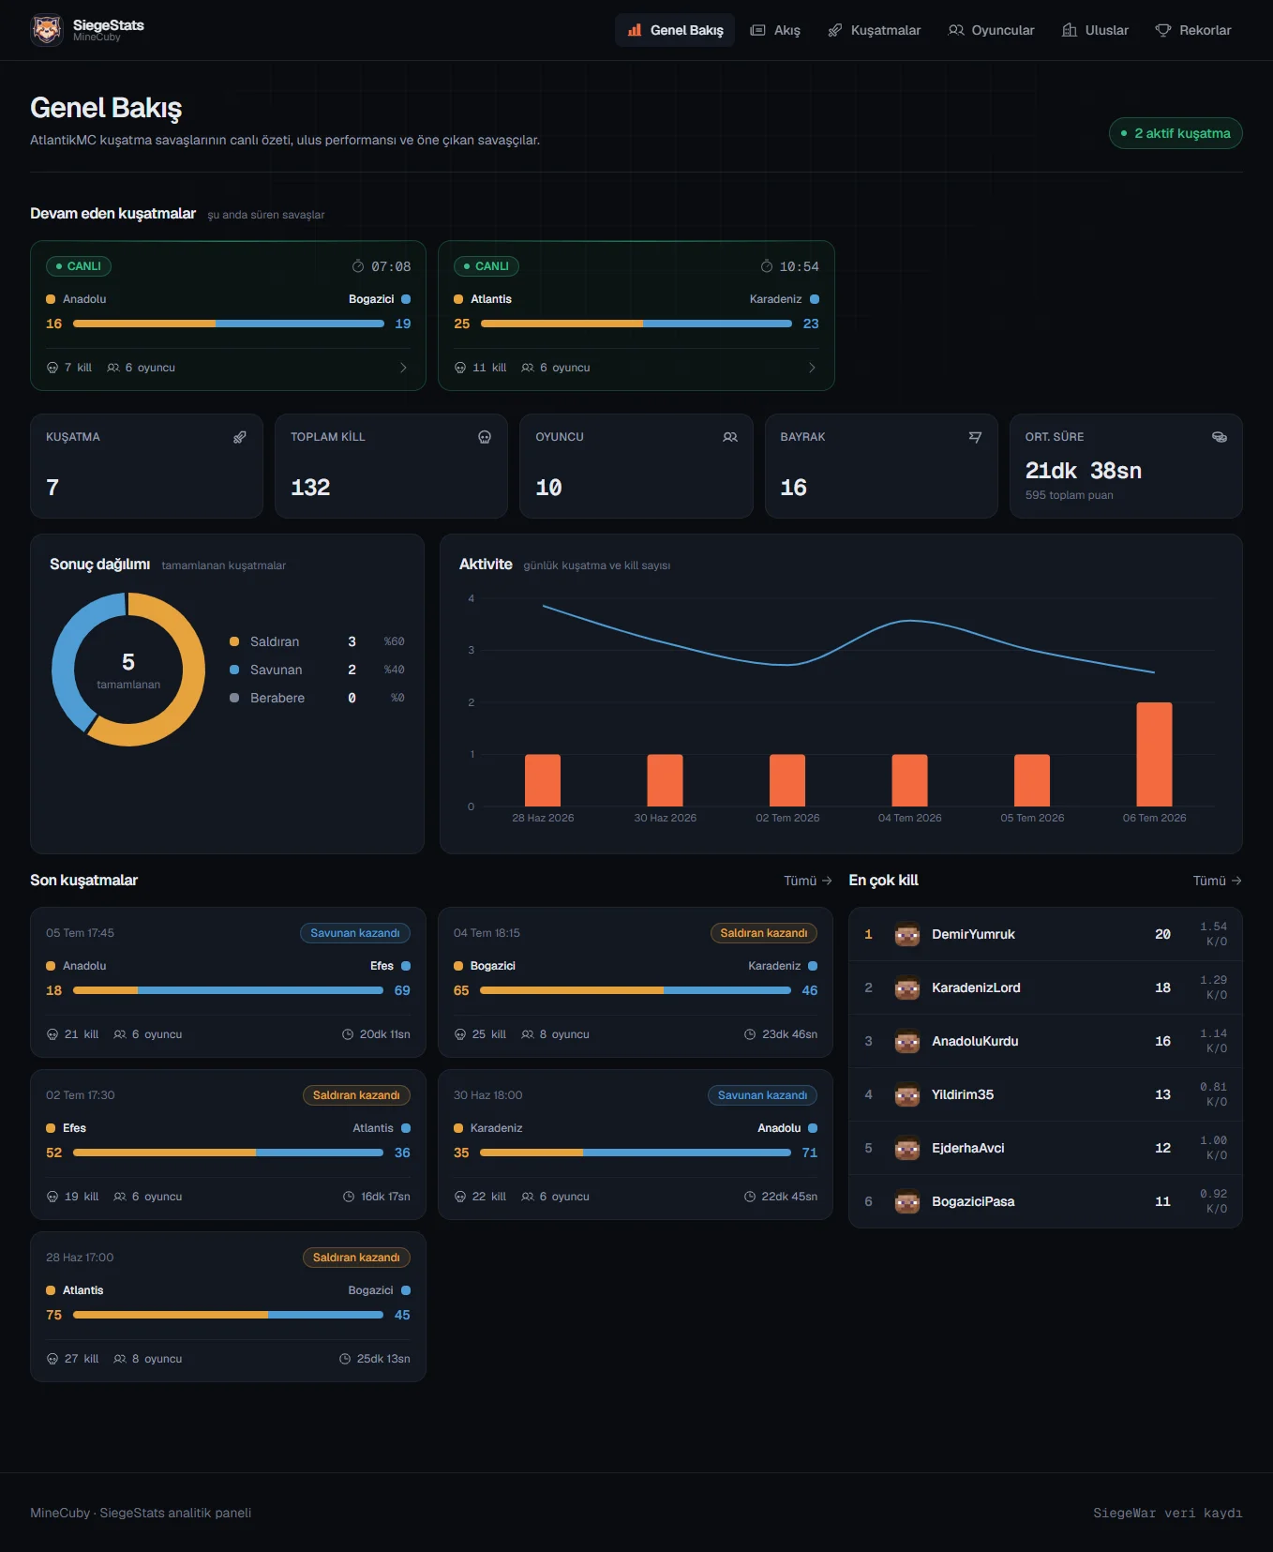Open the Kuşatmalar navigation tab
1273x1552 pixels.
click(874, 30)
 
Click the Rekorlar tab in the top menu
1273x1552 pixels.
click(1192, 30)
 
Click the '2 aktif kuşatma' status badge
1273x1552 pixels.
click(1176, 133)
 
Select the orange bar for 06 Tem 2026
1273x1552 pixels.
click(1154, 754)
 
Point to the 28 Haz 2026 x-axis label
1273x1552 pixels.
click(543, 818)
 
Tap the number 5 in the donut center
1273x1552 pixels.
click(128, 661)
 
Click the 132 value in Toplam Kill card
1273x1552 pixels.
click(310, 488)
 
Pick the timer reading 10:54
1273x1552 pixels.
click(799, 266)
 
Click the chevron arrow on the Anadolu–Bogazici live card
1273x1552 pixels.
click(403, 368)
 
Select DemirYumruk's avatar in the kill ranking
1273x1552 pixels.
click(906, 934)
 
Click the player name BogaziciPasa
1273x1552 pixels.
click(973, 1201)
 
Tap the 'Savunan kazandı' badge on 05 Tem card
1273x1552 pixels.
click(355, 933)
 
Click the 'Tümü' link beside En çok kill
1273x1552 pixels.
click(1217, 881)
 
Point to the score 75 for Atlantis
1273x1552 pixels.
click(54, 1315)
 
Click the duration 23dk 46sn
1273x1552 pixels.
click(789, 1034)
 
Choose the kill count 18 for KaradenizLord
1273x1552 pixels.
click(1162, 987)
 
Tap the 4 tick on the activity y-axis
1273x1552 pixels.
click(471, 598)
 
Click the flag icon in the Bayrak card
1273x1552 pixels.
click(975, 437)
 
